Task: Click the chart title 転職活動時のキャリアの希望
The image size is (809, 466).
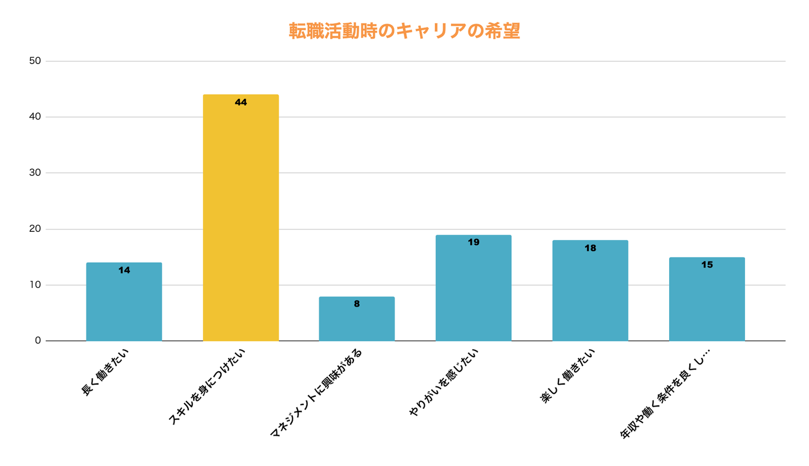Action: click(404, 31)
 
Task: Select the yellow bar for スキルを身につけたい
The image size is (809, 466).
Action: click(240, 219)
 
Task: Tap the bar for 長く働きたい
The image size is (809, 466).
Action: click(124, 303)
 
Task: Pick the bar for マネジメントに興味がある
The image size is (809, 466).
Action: click(357, 320)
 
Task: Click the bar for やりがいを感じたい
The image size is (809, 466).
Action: click(473, 289)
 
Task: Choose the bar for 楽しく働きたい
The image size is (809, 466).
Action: click(590, 292)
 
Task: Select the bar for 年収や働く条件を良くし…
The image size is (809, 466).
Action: click(707, 300)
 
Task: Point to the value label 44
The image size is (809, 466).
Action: click(240, 102)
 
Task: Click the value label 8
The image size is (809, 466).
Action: click(357, 304)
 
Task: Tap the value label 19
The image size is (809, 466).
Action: click(473, 243)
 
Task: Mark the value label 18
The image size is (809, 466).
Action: click(590, 248)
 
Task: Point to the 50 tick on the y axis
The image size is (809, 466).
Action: click(35, 61)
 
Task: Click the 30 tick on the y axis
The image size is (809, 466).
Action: click(35, 173)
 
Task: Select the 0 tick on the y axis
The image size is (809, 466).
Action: click(38, 340)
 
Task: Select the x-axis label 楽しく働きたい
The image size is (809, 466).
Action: click(567, 375)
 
